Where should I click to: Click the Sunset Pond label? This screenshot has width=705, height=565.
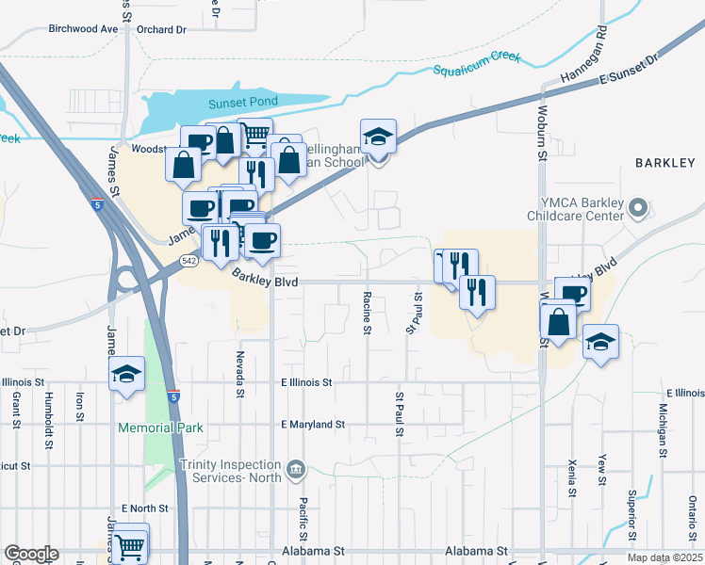tap(218, 104)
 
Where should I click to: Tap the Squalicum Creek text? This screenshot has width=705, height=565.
tap(477, 64)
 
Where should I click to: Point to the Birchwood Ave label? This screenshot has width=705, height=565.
tap(83, 29)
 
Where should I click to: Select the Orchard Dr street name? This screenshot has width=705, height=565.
tap(161, 29)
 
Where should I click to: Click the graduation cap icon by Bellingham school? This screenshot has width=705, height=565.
tap(378, 137)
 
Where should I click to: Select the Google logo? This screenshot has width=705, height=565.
tap(31, 554)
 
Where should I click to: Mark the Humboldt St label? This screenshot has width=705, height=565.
tap(47, 412)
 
